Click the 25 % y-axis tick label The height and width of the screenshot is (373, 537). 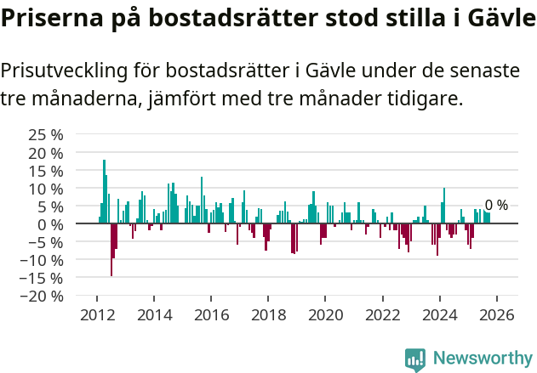[46, 135]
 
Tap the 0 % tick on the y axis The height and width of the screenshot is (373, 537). [51, 224]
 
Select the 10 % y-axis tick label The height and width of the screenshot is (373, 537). [46, 189]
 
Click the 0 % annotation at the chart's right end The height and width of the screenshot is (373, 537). [496, 206]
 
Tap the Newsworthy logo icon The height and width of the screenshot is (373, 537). [415, 359]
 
